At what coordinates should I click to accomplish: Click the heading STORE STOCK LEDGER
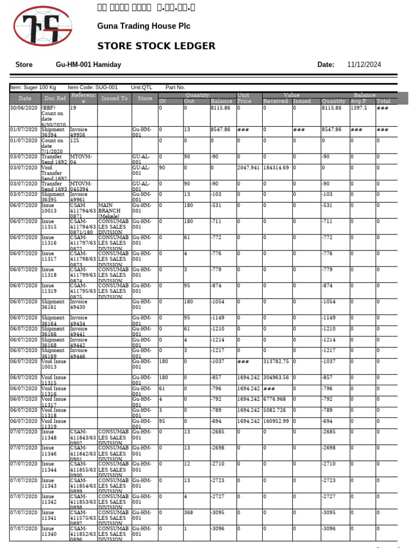pos(156,46)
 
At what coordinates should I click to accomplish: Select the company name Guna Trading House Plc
pos(143,26)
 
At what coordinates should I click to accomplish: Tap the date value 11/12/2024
pos(364,65)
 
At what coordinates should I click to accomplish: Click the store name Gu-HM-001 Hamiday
pos(88,65)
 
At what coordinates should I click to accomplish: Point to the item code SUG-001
pos(106,87)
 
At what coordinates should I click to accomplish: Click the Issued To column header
pos(115,98)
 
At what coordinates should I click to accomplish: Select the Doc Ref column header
pos(55,98)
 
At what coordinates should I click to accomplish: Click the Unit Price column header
pos(243,98)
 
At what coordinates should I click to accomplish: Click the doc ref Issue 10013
pos(55,208)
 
